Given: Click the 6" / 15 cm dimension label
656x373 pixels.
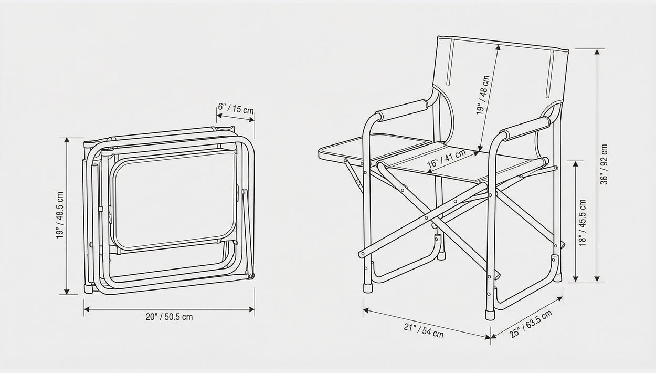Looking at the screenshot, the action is point(236,109).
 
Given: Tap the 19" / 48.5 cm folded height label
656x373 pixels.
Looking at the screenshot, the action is point(60,215).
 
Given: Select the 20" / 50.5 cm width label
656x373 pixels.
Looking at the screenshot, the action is point(170,317).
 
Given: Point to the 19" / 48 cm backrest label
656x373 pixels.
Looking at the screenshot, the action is point(483,95).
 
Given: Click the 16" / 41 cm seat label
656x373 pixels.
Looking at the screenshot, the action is point(446,159).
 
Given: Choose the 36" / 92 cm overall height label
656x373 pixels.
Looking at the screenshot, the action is point(604,164).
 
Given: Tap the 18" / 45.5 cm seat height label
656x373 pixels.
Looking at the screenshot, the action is point(583,223).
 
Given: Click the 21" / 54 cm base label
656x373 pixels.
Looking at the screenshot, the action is point(424,330).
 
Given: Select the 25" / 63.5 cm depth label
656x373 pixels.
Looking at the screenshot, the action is point(531,324).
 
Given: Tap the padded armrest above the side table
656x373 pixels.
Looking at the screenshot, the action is point(402,110).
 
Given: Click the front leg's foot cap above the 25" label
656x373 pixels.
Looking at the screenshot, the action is point(490,315).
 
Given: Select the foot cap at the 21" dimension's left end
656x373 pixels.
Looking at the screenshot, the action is point(368,288).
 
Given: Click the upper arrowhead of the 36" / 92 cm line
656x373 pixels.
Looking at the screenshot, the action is point(597,52).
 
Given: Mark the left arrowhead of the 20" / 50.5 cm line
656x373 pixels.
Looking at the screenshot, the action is point(87,309).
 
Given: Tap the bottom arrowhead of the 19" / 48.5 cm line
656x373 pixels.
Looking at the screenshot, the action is point(67,291).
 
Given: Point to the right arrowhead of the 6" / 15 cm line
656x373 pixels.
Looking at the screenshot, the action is point(251,119).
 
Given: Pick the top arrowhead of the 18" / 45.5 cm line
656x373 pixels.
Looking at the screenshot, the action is point(576,164).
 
